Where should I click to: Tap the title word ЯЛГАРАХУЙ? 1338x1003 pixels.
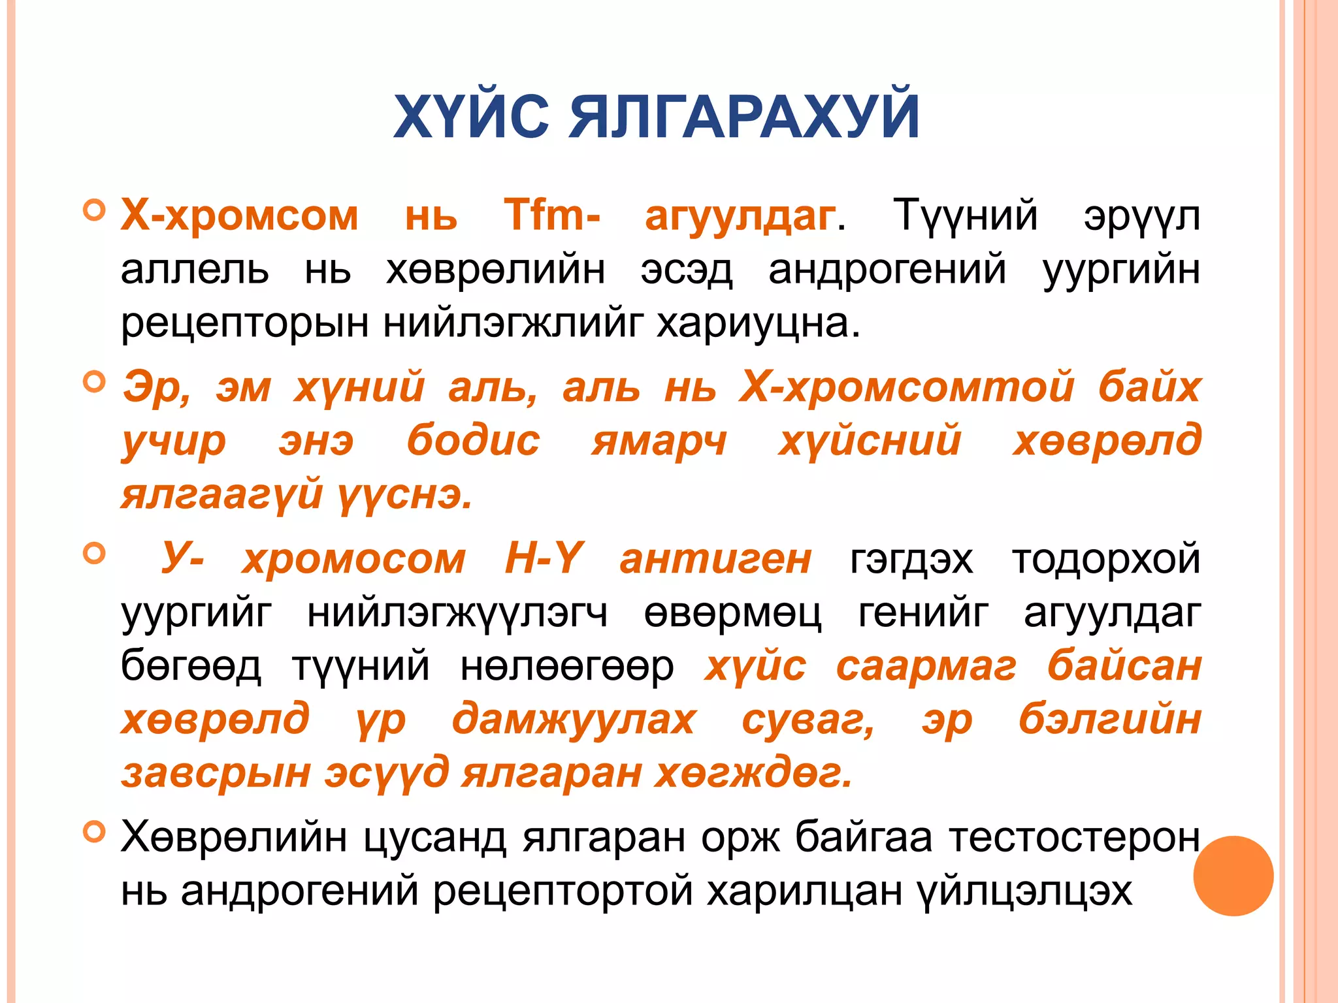click(x=743, y=117)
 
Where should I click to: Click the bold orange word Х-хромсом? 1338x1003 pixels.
click(x=240, y=215)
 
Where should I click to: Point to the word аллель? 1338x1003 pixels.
click(x=194, y=269)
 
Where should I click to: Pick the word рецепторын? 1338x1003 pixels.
click(x=244, y=323)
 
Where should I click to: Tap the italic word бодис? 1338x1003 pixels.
click(x=473, y=440)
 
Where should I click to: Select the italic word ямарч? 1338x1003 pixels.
click(x=659, y=440)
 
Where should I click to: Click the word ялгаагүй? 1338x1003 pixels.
click(x=221, y=494)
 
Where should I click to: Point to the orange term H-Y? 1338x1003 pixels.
click(x=544, y=559)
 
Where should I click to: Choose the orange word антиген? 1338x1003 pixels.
click(x=715, y=559)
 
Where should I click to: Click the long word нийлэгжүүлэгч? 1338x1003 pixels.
click(x=457, y=613)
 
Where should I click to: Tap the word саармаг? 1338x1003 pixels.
click(x=926, y=667)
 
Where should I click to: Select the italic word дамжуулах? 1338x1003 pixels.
click(x=574, y=720)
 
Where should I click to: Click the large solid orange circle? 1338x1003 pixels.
click(x=1233, y=876)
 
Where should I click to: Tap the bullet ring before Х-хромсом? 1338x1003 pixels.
click(x=95, y=210)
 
